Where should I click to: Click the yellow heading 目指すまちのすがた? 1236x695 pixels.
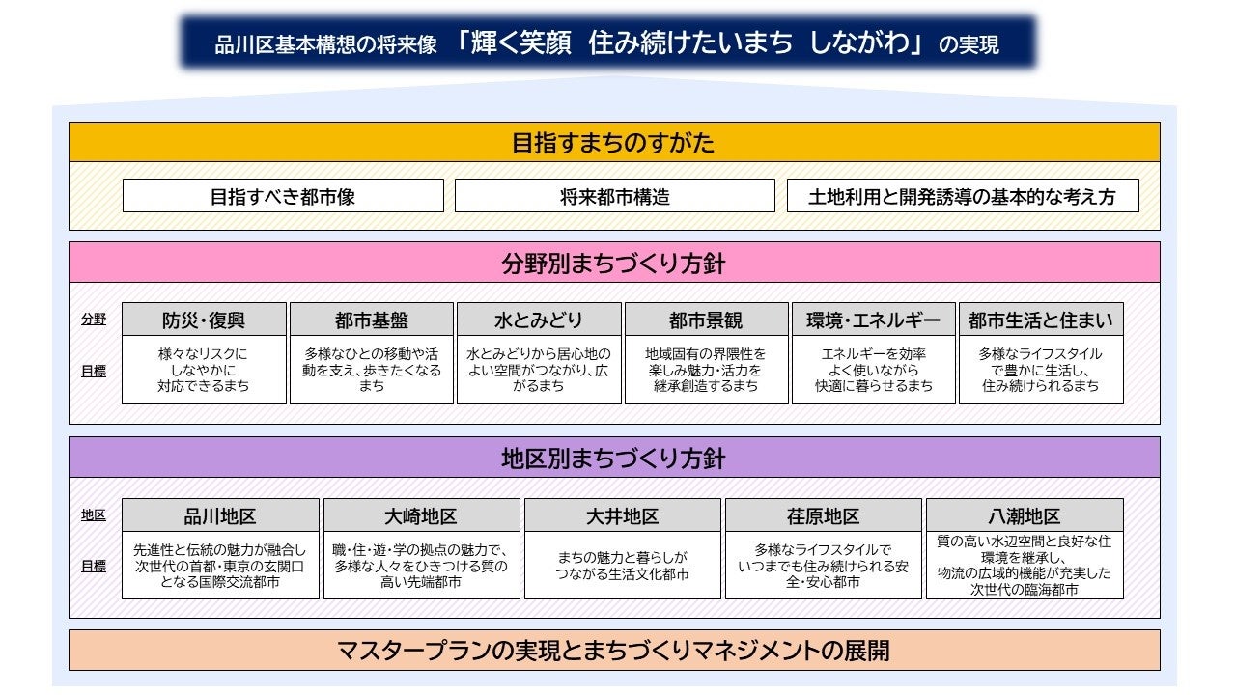click(x=613, y=143)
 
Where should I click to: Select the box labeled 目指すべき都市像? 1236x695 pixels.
click(x=283, y=196)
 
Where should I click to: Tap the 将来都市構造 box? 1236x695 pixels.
click(x=614, y=196)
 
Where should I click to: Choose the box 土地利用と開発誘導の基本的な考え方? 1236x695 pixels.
click(x=963, y=196)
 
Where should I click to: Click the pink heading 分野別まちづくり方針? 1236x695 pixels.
click(x=613, y=263)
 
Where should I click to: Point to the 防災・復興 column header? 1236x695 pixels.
click(x=204, y=320)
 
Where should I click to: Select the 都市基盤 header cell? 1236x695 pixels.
click(x=371, y=320)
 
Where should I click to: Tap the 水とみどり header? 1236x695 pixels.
click(x=539, y=320)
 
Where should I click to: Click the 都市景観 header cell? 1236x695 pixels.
click(x=706, y=320)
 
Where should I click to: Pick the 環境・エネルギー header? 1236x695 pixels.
click(x=873, y=320)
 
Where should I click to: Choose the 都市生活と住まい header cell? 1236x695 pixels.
click(x=1040, y=320)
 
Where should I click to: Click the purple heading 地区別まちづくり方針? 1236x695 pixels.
click(x=613, y=458)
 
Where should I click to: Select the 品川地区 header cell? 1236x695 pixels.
click(x=220, y=515)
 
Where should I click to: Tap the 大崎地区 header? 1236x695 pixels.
click(x=421, y=515)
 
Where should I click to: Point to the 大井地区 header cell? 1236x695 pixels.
click(x=622, y=515)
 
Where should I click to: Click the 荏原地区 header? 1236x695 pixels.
click(x=823, y=515)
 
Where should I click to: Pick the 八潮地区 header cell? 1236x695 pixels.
click(x=1024, y=515)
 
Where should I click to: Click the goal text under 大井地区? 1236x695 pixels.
click(x=622, y=566)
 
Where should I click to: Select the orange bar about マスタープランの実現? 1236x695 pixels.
click(x=613, y=650)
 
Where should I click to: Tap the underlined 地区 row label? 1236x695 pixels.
click(x=94, y=515)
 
